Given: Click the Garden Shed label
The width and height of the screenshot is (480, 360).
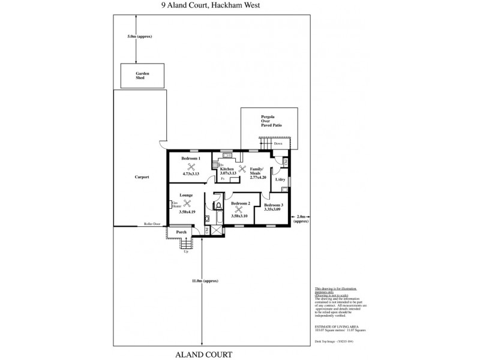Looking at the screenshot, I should [142, 76].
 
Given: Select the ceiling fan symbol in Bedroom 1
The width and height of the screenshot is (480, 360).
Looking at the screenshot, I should [192, 167].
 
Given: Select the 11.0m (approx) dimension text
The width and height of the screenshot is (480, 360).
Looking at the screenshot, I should [205, 281].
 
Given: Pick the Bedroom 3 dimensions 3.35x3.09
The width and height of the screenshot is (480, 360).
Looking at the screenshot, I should [273, 209].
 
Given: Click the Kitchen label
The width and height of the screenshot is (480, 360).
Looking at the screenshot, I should [228, 170].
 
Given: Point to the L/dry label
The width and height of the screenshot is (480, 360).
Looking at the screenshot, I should [279, 179].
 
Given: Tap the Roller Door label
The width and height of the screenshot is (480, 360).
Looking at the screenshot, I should [152, 224].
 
